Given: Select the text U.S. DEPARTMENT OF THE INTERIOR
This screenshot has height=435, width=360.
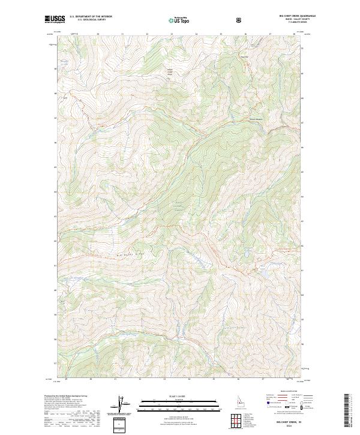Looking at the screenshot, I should pyautogui.click(x=91, y=17).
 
